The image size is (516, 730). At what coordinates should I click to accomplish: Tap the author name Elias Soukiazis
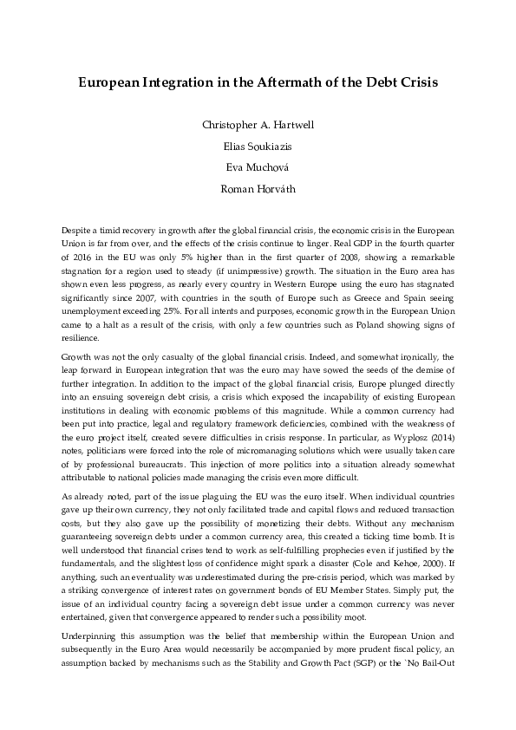(258, 146)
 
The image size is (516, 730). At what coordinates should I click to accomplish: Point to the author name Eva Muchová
(258, 167)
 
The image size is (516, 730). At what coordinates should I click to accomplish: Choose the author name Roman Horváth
(258, 189)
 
